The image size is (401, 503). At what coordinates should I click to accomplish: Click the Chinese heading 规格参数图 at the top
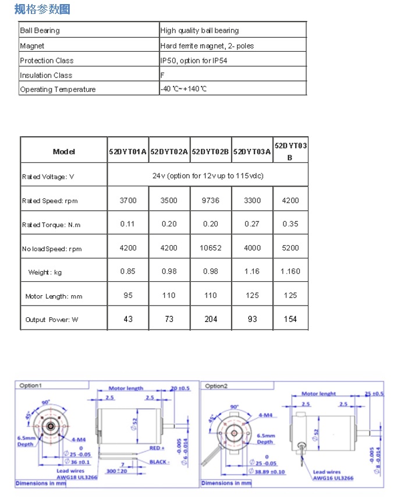click(x=42, y=9)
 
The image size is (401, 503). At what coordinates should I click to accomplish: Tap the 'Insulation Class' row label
click(x=46, y=75)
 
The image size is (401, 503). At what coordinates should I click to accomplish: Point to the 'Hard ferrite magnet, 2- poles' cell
click(x=207, y=45)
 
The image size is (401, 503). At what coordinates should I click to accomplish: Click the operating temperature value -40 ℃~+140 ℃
click(x=184, y=89)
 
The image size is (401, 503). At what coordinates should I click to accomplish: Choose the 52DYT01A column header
click(x=128, y=151)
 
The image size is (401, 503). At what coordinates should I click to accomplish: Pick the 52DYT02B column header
click(x=211, y=151)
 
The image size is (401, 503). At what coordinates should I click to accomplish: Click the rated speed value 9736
click(x=211, y=200)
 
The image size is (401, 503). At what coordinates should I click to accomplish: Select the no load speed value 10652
click(x=211, y=248)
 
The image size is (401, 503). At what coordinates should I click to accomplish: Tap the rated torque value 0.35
click(x=290, y=224)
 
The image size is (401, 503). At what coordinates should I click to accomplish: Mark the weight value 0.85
click(x=128, y=271)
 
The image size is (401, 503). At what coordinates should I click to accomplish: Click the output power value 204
click(x=211, y=319)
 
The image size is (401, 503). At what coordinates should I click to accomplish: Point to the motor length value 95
click(x=128, y=295)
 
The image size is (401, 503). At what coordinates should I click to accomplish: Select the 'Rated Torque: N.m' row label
click(x=49, y=225)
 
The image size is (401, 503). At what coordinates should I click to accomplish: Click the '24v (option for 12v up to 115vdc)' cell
click(x=208, y=175)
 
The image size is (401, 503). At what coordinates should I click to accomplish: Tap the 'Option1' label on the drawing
click(x=31, y=385)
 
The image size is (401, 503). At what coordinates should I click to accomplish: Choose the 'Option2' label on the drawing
click(x=217, y=386)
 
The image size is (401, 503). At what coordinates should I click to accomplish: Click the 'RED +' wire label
click(x=157, y=448)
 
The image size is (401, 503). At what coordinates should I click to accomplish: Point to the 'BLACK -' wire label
click(x=159, y=462)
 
